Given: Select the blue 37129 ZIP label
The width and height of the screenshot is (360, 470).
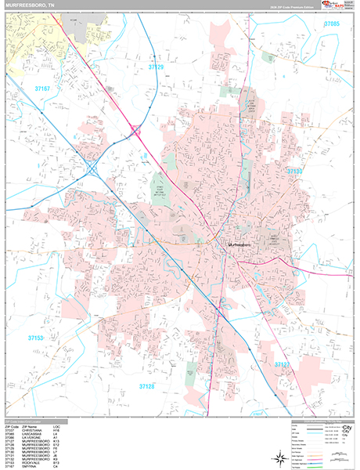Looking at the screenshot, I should [x=157, y=68].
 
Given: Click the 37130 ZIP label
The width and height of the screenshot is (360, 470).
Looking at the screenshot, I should [x=295, y=170].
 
